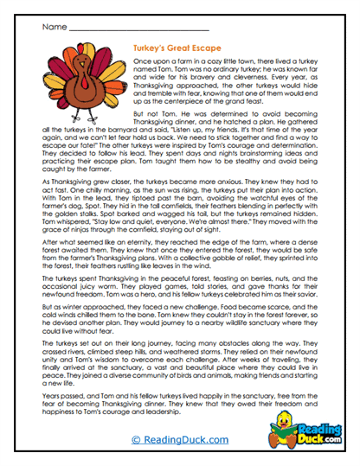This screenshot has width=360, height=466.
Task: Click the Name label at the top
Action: [x=51, y=26]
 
